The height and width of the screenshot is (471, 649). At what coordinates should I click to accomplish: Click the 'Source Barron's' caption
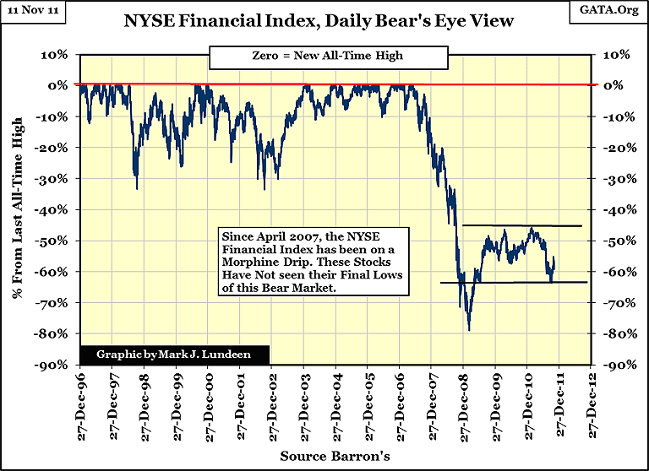tap(335, 457)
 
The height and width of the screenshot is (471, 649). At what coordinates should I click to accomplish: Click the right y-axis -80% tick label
tap(615, 333)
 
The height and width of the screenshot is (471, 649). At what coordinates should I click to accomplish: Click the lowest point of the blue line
tap(469, 329)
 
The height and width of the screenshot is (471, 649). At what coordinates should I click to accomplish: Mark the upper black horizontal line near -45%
tap(521, 225)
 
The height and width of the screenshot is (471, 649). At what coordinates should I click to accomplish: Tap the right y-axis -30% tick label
tap(615, 179)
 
